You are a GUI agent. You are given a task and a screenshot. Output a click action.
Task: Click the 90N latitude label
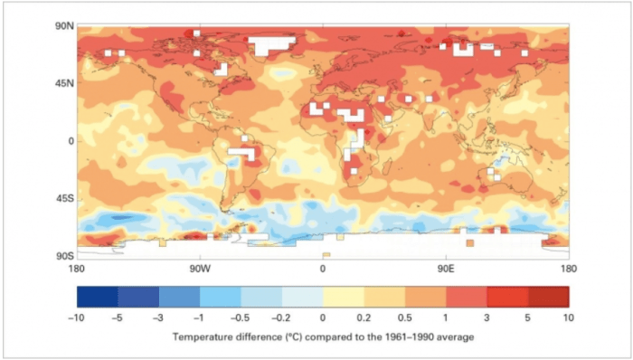coord(61,26)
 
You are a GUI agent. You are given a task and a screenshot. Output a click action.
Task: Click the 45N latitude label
coord(61,83)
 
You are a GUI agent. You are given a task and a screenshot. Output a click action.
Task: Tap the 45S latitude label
coord(61,198)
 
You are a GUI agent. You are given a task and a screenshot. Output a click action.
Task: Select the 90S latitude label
coord(61,256)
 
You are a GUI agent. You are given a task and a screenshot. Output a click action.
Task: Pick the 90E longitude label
coord(445,269)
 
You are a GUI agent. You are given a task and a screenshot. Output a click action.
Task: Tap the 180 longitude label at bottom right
coord(568,269)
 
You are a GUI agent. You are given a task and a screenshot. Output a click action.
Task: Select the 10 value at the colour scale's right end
coord(568,318)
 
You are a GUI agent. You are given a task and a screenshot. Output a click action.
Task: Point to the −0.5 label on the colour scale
coord(241,318)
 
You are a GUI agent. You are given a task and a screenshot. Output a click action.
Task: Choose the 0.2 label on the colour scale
coord(364,318)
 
